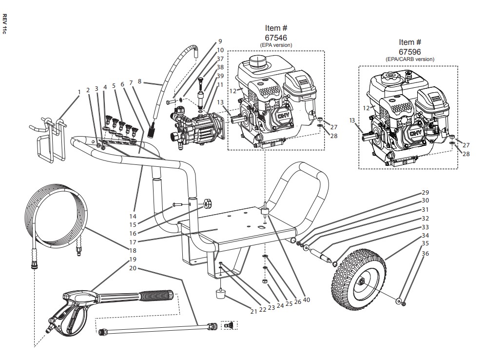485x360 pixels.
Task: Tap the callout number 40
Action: (x=306, y=300)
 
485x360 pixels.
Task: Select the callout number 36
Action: (x=425, y=254)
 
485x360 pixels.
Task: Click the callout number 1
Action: (x=79, y=92)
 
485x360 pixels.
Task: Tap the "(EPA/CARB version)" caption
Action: (x=409, y=59)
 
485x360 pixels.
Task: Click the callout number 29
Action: (x=425, y=193)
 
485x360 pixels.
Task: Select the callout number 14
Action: (x=133, y=216)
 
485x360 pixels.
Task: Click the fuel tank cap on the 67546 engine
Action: (x=256, y=61)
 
